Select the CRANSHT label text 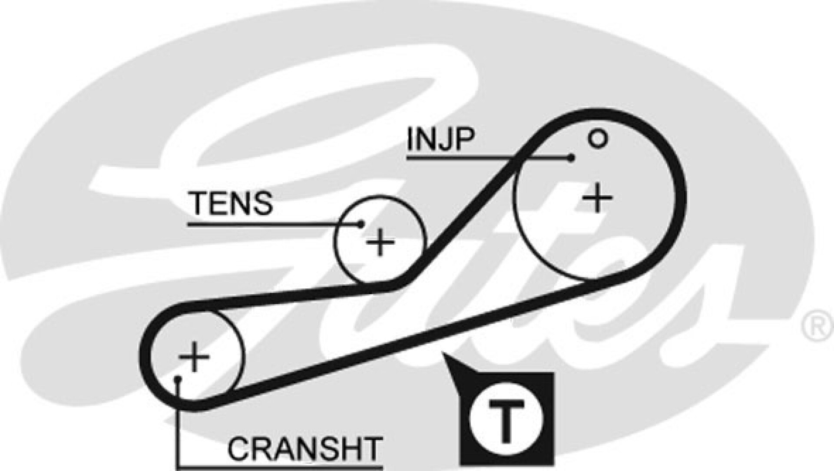point(304,449)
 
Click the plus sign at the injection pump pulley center point(597,198)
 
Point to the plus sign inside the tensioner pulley point(380,242)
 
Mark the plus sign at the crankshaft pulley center point(194,356)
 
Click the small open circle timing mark point(597,139)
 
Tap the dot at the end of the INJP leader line point(572,158)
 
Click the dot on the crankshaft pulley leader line point(177,380)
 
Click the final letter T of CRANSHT point(371,449)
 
